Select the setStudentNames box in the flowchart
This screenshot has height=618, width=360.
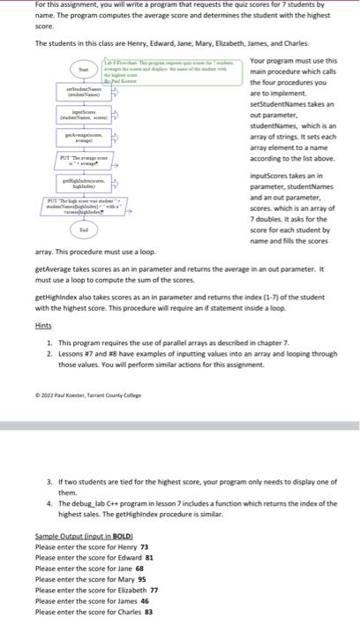[85, 92]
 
